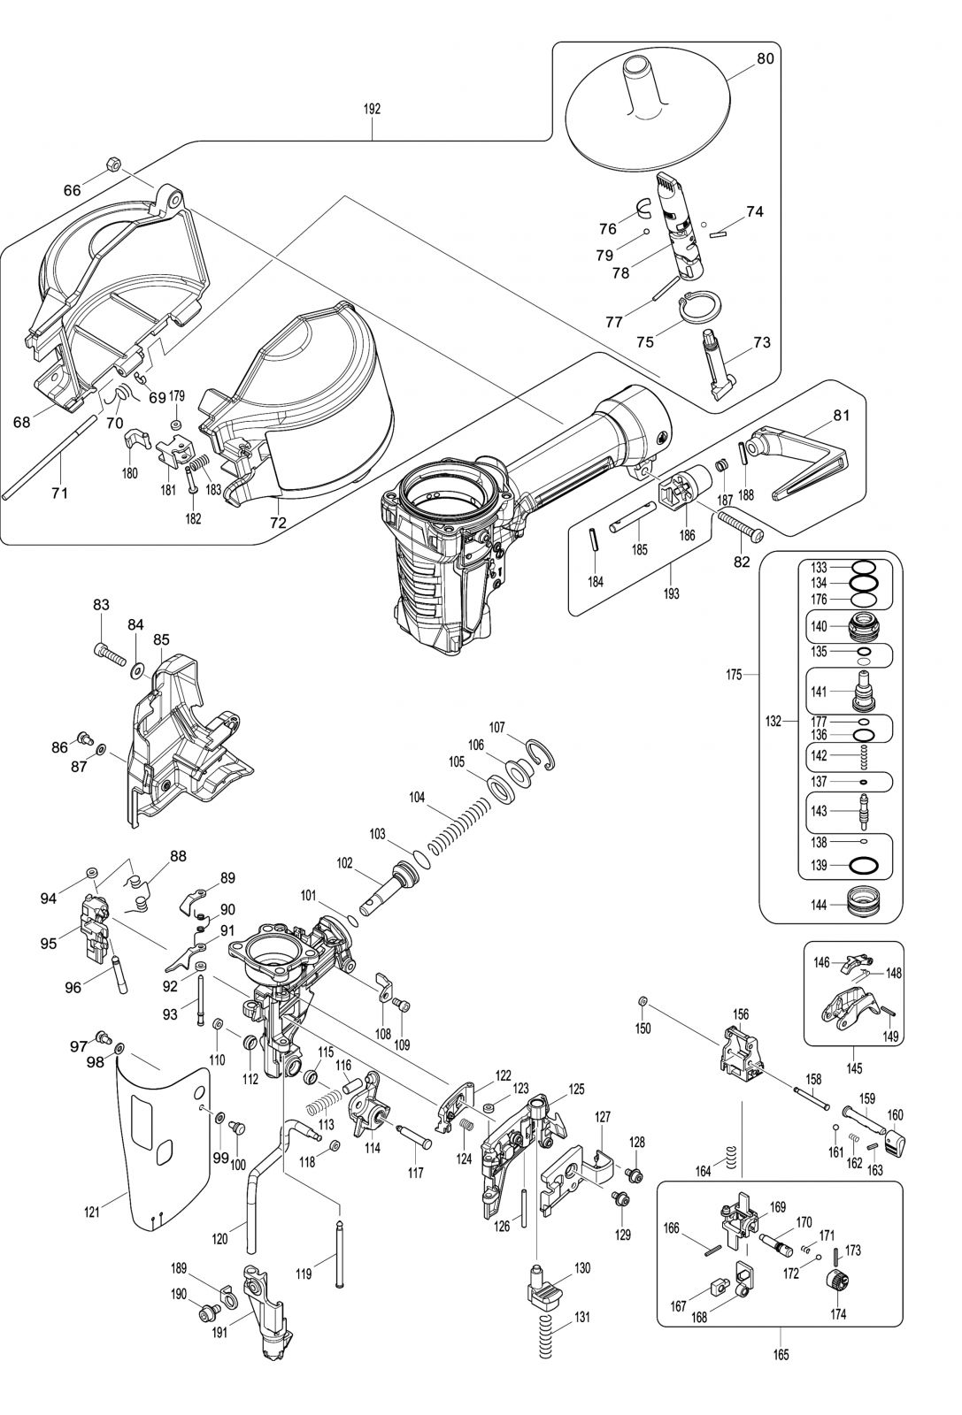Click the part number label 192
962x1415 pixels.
(x=372, y=109)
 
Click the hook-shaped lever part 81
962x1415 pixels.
(x=801, y=460)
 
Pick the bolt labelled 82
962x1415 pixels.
(x=739, y=527)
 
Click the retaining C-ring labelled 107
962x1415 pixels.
(x=542, y=751)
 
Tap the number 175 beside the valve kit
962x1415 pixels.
(x=734, y=676)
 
